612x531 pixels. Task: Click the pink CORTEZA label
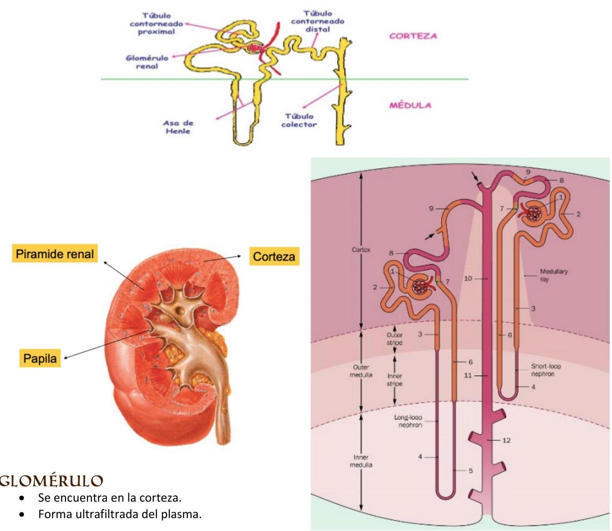pos(413,36)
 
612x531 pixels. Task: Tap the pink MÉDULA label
pos(410,105)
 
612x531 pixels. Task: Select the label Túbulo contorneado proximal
pos(156,23)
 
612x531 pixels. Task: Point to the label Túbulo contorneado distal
pos(318,22)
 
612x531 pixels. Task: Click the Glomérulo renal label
pos(147,62)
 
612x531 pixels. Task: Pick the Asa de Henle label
pos(178,127)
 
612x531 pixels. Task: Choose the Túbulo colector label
pos(299,121)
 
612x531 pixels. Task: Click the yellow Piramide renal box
pos(55,254)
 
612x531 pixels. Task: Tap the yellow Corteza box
pos(274,257)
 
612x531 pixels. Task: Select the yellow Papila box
pos(40,358)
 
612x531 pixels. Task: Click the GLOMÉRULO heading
pos(51,481)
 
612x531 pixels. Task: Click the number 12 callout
pos(506,440)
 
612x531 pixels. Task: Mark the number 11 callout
pos(468,375)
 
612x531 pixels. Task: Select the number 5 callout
pos(471,470)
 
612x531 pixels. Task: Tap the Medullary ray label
pos(553,275)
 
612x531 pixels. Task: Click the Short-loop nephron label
pos(545,370)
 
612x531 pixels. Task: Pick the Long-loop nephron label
pos(408,421)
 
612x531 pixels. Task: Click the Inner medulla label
pos(361,461)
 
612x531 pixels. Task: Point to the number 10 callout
pos(468,279)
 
